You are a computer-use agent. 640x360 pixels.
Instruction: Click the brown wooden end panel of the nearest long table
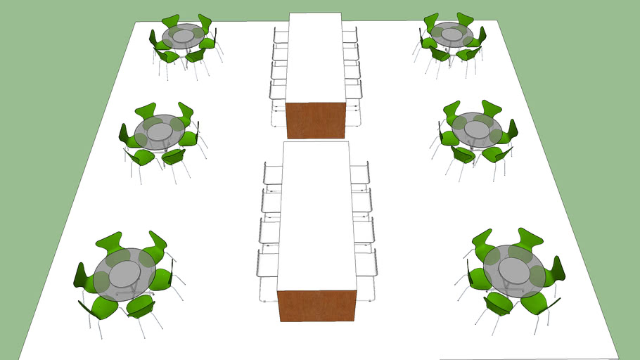[316, 306]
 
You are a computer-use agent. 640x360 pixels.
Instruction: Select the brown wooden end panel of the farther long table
[316, 120]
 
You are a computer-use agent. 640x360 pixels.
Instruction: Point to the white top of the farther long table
[316, 56]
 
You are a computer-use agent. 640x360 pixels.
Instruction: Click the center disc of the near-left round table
[125, 274]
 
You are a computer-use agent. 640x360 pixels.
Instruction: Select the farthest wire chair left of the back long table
[280, 36]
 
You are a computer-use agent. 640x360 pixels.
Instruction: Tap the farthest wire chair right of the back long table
[351, 35]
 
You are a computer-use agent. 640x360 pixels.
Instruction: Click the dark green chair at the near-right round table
[557, 270]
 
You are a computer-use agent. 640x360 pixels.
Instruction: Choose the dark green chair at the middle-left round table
[124, 134]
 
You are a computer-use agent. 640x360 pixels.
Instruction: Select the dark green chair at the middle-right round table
[512, 129]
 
